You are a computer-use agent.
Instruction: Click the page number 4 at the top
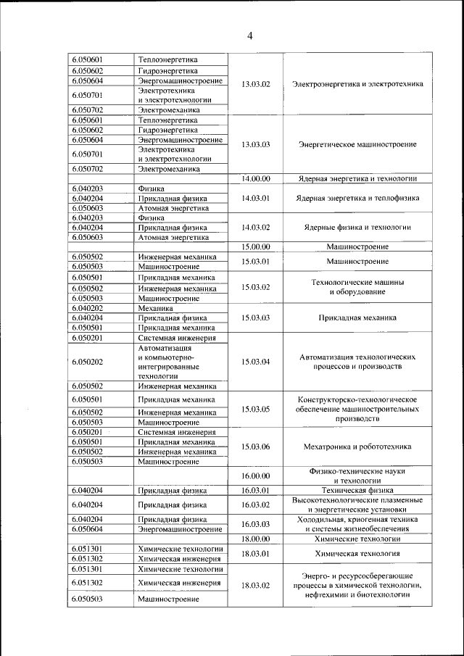click(249, 36)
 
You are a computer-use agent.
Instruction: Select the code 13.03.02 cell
click(255, 84)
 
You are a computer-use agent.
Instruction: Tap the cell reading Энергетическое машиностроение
click(357, 144)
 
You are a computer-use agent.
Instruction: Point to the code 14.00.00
click(255, 178)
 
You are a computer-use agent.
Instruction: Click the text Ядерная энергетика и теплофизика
click(357, 198)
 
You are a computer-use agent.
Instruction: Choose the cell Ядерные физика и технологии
click(357, 227)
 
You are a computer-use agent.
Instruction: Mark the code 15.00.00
click(255, 246)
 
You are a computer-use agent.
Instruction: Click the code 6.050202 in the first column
click(87, 361)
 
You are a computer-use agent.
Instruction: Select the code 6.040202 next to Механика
click(87, 307)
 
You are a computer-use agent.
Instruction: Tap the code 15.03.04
click(255, 361)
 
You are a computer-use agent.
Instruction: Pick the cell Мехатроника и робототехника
click(357, 447)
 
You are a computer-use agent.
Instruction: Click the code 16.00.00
click(255, 476)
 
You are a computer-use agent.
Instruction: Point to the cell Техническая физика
click(357, 491)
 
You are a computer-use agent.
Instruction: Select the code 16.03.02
click(255, 505)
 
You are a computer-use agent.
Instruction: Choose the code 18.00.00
click(255, 539)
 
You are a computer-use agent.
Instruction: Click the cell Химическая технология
click(357, 554)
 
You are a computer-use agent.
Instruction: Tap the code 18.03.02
click(255, 585)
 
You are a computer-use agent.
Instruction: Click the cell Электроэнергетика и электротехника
click(357, 84)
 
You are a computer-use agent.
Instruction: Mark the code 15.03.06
click(255, 447)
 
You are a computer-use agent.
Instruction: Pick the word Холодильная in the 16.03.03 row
click(319, 519)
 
